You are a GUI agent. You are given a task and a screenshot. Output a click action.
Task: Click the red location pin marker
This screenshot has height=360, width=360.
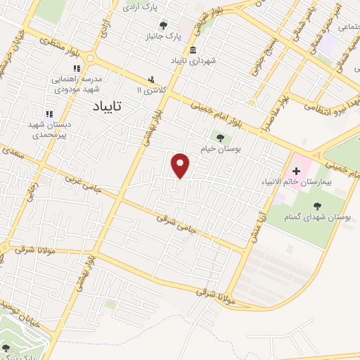[x=181, y=165]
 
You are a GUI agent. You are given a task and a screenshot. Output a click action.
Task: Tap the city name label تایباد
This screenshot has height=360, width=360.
[x=108, y=105]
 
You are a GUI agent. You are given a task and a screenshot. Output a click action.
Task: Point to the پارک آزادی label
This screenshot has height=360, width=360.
[x=138, y=8]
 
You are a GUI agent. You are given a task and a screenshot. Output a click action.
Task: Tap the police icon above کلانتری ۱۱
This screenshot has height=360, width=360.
[x=150, y=79]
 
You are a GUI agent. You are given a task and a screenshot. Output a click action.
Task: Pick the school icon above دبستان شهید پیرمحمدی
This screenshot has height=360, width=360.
[x=49, y=113]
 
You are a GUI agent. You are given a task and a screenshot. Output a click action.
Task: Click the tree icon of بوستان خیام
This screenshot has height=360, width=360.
[x=221, y=138]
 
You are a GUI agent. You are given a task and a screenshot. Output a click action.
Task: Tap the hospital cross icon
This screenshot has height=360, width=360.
[x=296, y=170]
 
